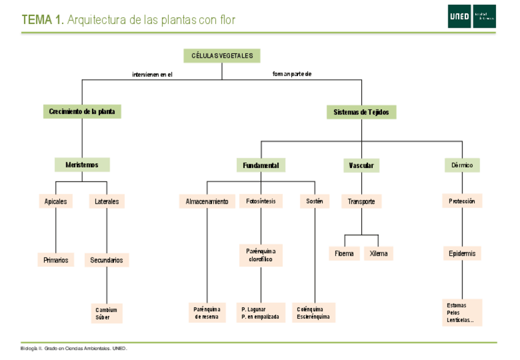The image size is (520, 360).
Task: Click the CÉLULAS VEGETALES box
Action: [222, 56]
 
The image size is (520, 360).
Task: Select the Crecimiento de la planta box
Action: [82, 112]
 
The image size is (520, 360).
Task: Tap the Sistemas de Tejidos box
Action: [361, 112]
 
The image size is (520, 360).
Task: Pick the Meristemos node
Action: [82, 165]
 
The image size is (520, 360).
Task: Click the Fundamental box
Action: [261, 166]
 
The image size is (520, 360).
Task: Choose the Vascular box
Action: [361, 166]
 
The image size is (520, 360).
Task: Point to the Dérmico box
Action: [462, 166]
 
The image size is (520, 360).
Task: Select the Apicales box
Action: [56, 201]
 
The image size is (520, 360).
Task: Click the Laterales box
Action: [107, 201]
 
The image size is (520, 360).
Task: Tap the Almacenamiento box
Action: [207, 201]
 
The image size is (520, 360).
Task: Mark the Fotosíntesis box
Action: [261, 201]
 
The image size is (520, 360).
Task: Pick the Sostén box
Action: [315, 201]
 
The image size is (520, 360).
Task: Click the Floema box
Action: [345, 254]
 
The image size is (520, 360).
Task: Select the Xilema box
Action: [378, 254]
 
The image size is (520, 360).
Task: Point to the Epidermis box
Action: [462, 253]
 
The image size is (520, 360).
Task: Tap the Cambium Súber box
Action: [107, 313]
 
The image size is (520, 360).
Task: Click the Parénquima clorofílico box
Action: [261, 256]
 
